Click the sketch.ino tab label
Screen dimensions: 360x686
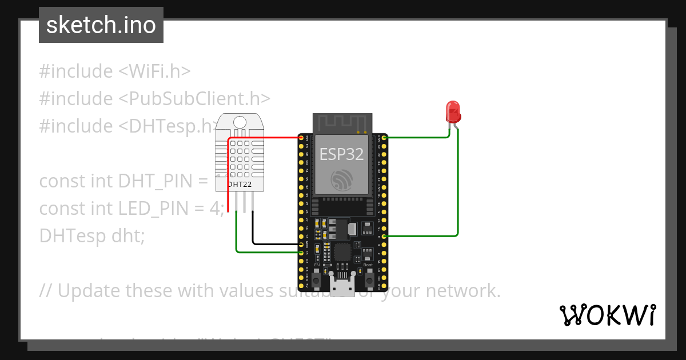[101, 25]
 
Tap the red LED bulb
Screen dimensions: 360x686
[453, 111]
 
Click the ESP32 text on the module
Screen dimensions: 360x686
[341, 154]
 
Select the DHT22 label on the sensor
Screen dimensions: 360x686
[239, 184]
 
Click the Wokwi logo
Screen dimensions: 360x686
[607, 315]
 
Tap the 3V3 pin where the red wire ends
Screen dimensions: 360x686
[301, 138]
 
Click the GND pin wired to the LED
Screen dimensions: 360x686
[384, 138]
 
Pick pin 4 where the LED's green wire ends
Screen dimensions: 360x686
[384, 236]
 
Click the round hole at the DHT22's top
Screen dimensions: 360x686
[240, 121]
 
